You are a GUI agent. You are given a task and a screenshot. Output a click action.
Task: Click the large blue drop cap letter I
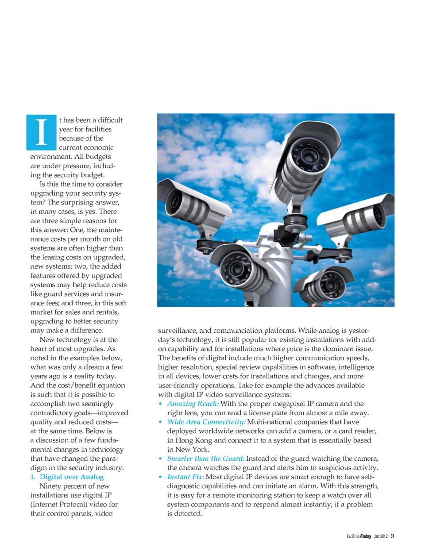click(42, 132)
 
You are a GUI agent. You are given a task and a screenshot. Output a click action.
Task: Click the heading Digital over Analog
click(72, 477)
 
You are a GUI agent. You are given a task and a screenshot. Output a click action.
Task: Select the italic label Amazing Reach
click(193, 404)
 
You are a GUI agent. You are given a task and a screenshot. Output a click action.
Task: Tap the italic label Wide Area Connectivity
click(206, 422)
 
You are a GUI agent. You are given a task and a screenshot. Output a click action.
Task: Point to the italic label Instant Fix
click(185, 477)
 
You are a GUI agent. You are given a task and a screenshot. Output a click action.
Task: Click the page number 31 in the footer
click(392, 536)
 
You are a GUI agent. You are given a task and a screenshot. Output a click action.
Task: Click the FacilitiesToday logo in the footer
click(359, 536)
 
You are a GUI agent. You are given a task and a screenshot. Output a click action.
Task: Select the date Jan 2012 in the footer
click(380, 536)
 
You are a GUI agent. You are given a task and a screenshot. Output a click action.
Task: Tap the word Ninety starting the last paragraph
click(50, 486)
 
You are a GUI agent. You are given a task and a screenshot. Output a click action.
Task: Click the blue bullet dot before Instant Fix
click(160, 477)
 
